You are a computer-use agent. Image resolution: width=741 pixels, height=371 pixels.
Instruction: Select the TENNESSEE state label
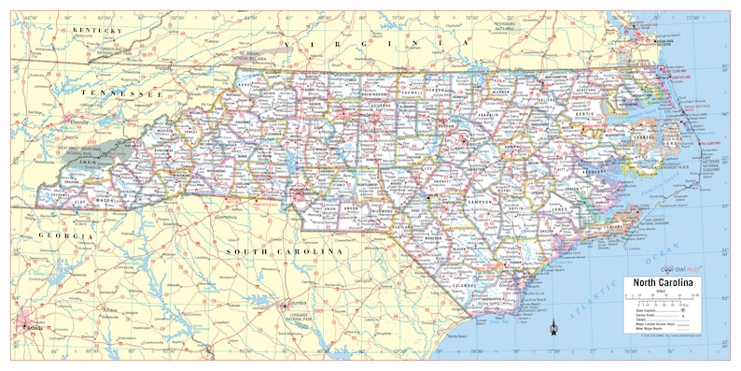click(121, 94)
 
